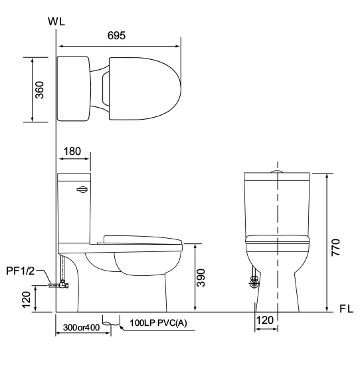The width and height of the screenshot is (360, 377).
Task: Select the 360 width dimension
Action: click(x=39, y=90)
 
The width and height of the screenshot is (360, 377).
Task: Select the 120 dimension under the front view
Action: click(x=265, y=320)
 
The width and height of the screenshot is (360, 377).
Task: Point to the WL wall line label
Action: click(x=56, y=21)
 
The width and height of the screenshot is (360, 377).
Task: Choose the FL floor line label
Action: click(x=346, y=310)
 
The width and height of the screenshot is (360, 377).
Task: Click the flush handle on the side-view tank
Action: click(x=81, y=189)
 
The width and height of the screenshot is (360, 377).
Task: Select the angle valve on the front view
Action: click(x=253, y=283)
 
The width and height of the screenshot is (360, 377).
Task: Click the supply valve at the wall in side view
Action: click(x=61, y=285)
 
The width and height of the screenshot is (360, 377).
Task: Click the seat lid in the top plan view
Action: click(x=143, y=89)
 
